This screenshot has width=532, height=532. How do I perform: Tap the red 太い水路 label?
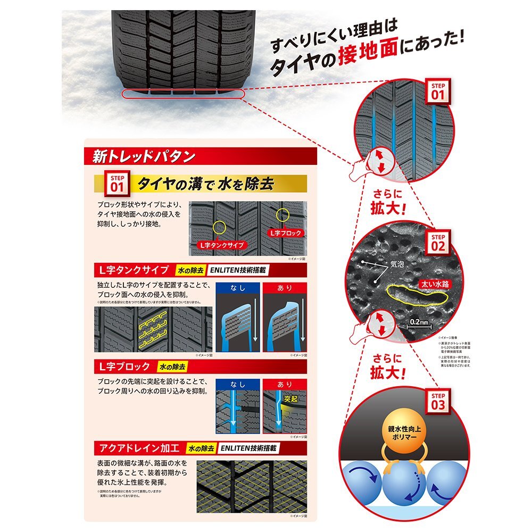pyautogui.click(x=432, y=284)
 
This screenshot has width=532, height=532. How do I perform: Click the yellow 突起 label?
pyautogui.click(x=290, y=397)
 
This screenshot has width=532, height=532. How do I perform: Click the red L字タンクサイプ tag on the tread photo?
pyautogui.click(x=221, y=245)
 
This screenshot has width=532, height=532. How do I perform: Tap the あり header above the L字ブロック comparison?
pyautogui.click(x=285, y=384)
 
